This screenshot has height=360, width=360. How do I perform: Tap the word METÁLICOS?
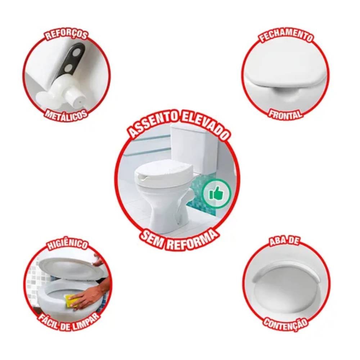[66, 115]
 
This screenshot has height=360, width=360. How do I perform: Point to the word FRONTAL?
[285, 114]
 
